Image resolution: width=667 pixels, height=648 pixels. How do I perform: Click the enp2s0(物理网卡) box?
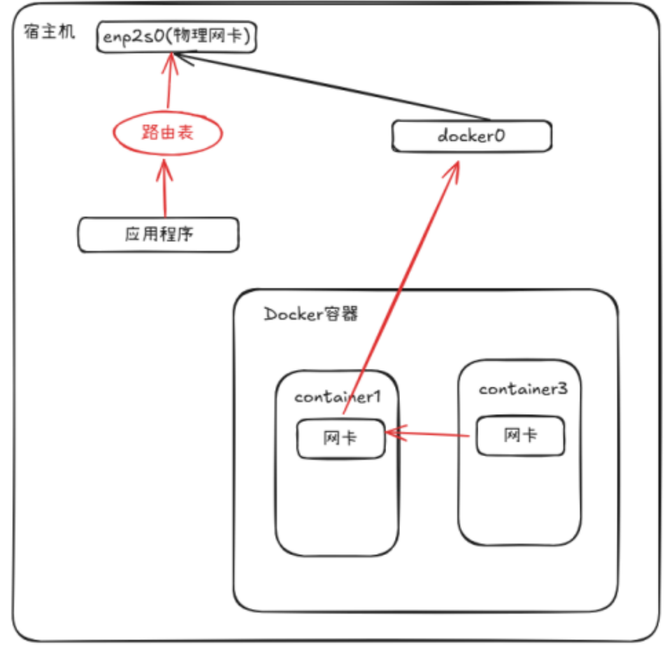176,37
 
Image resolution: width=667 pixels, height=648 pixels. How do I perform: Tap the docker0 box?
471,136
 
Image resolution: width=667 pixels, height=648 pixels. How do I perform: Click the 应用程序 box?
159,234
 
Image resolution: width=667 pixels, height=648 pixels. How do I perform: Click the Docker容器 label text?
311,314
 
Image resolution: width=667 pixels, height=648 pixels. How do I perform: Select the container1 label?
338,396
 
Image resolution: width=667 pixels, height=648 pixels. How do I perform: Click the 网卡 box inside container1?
341,438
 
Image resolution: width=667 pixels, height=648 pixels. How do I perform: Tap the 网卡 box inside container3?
520,435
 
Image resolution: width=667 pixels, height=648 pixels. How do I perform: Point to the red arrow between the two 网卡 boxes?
430,435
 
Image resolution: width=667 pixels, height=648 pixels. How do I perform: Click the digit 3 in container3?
561,389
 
